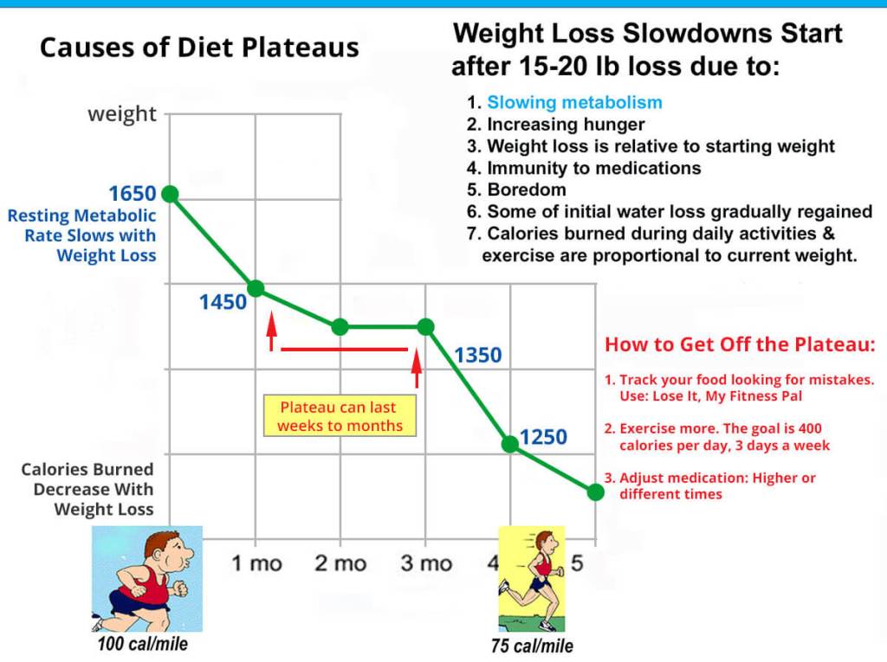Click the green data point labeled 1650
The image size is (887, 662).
(x=170, y=194)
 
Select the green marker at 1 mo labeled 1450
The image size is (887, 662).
(x=256, y=288)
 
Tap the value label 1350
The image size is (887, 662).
(x=477, y=355)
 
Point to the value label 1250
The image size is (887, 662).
(x=543, y=437)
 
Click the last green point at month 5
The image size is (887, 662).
(x=595, y=492)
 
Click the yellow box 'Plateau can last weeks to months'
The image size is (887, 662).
(x=340, y=416)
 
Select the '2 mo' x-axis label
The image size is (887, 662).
(x=340, y=563)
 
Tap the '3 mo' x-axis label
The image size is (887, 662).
(x=425, y=563)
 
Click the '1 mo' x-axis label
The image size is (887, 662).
(x=256, y=563)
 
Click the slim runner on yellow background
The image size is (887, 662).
(x=531, y=578)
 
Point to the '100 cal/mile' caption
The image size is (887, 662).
(x=143, y=644)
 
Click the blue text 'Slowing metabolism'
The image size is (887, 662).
(x=574, y=102)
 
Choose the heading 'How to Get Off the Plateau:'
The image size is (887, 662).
(x=740, y=344)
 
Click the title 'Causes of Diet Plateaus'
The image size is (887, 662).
(x=199, y=47)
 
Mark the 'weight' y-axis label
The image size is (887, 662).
(x=122, y=114)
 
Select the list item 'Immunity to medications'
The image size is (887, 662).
(x=593, y=168)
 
